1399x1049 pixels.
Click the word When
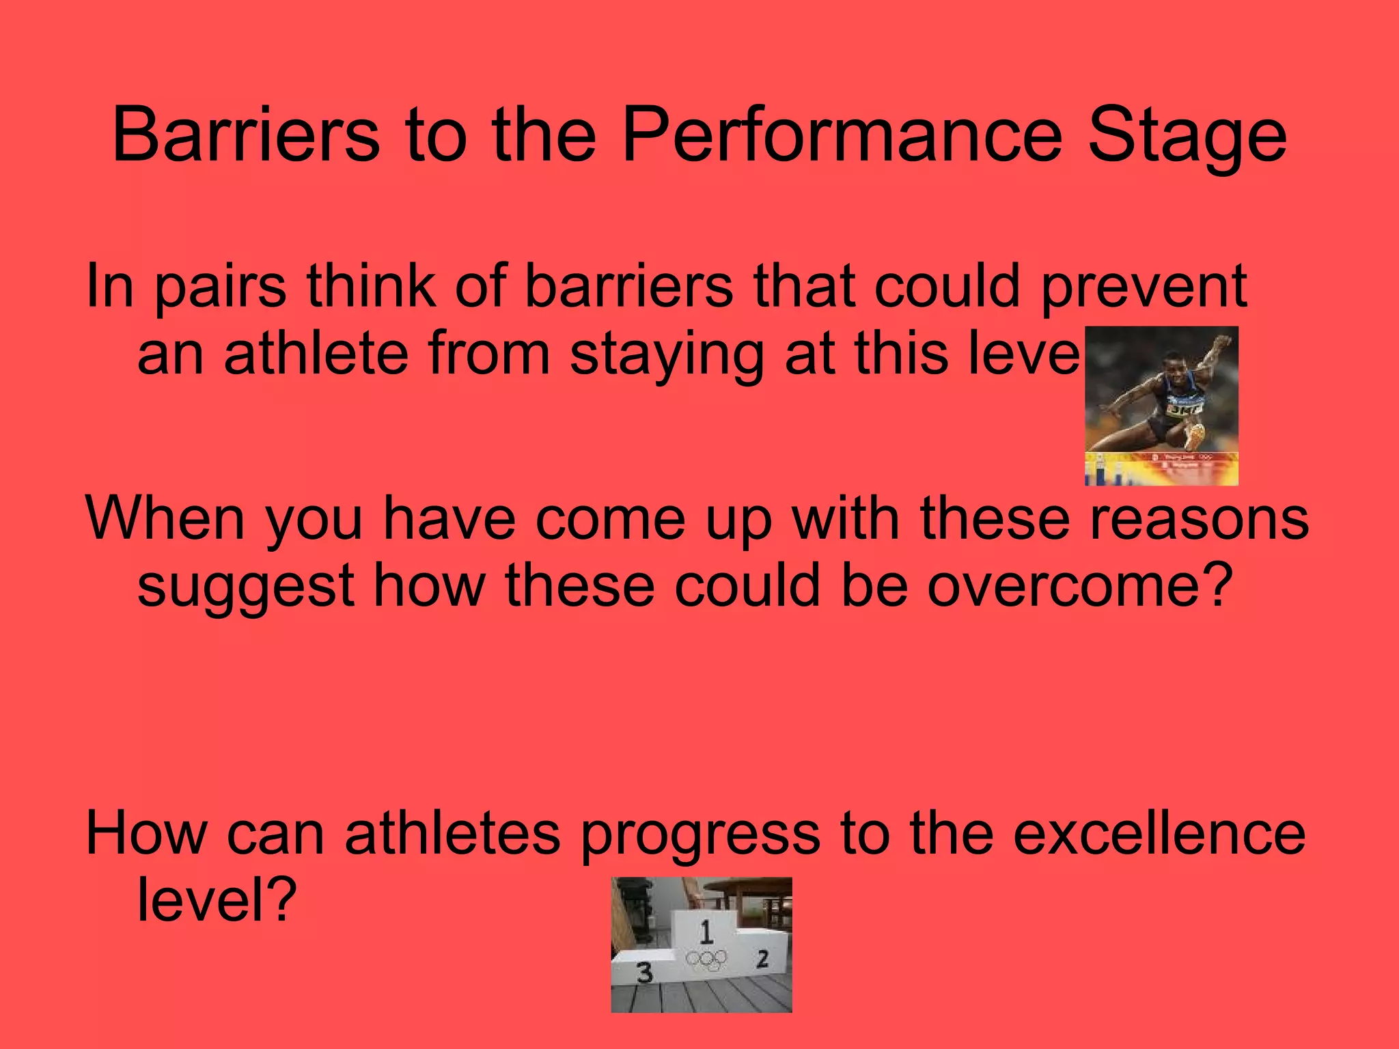pyautogui.click(x=165, y=519)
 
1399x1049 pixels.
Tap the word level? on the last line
pyautogui.click(x=217, y=900)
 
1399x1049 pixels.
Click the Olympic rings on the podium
pyautogui.click(x=707, y=960)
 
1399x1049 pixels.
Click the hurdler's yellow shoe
pyautogui.click(x=1195, y=434)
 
